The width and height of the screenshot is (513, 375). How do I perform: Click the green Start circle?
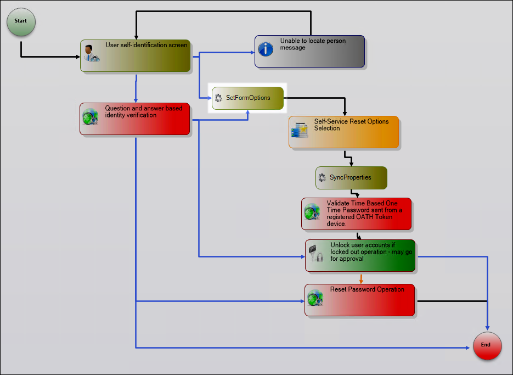point(21,21)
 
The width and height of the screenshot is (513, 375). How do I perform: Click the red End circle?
point(487,345)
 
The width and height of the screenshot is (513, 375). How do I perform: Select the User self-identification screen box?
point(136,55)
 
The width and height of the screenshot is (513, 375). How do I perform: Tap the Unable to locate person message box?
point(309,51)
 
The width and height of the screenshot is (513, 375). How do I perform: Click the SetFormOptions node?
point(247,98)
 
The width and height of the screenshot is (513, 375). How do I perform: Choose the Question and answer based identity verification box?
point(135,119)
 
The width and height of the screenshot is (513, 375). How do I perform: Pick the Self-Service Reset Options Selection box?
point(343,132)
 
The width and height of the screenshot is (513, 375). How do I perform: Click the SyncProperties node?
point(351,178)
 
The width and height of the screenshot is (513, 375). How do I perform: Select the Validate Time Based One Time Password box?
point(357,214)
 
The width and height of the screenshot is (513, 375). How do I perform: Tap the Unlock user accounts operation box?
point(360,255)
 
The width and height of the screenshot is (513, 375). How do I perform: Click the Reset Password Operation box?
point(359,300)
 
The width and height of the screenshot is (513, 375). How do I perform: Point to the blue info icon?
point(266,49)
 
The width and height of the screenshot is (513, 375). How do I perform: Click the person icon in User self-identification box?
point(90,53)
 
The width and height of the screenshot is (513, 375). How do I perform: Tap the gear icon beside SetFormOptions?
point(218,98)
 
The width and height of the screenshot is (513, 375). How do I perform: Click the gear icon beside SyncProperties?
point(322,178)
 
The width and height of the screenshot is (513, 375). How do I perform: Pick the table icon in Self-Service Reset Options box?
point(299,130)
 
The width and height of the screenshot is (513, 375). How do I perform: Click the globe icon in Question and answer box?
point(90,117)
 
